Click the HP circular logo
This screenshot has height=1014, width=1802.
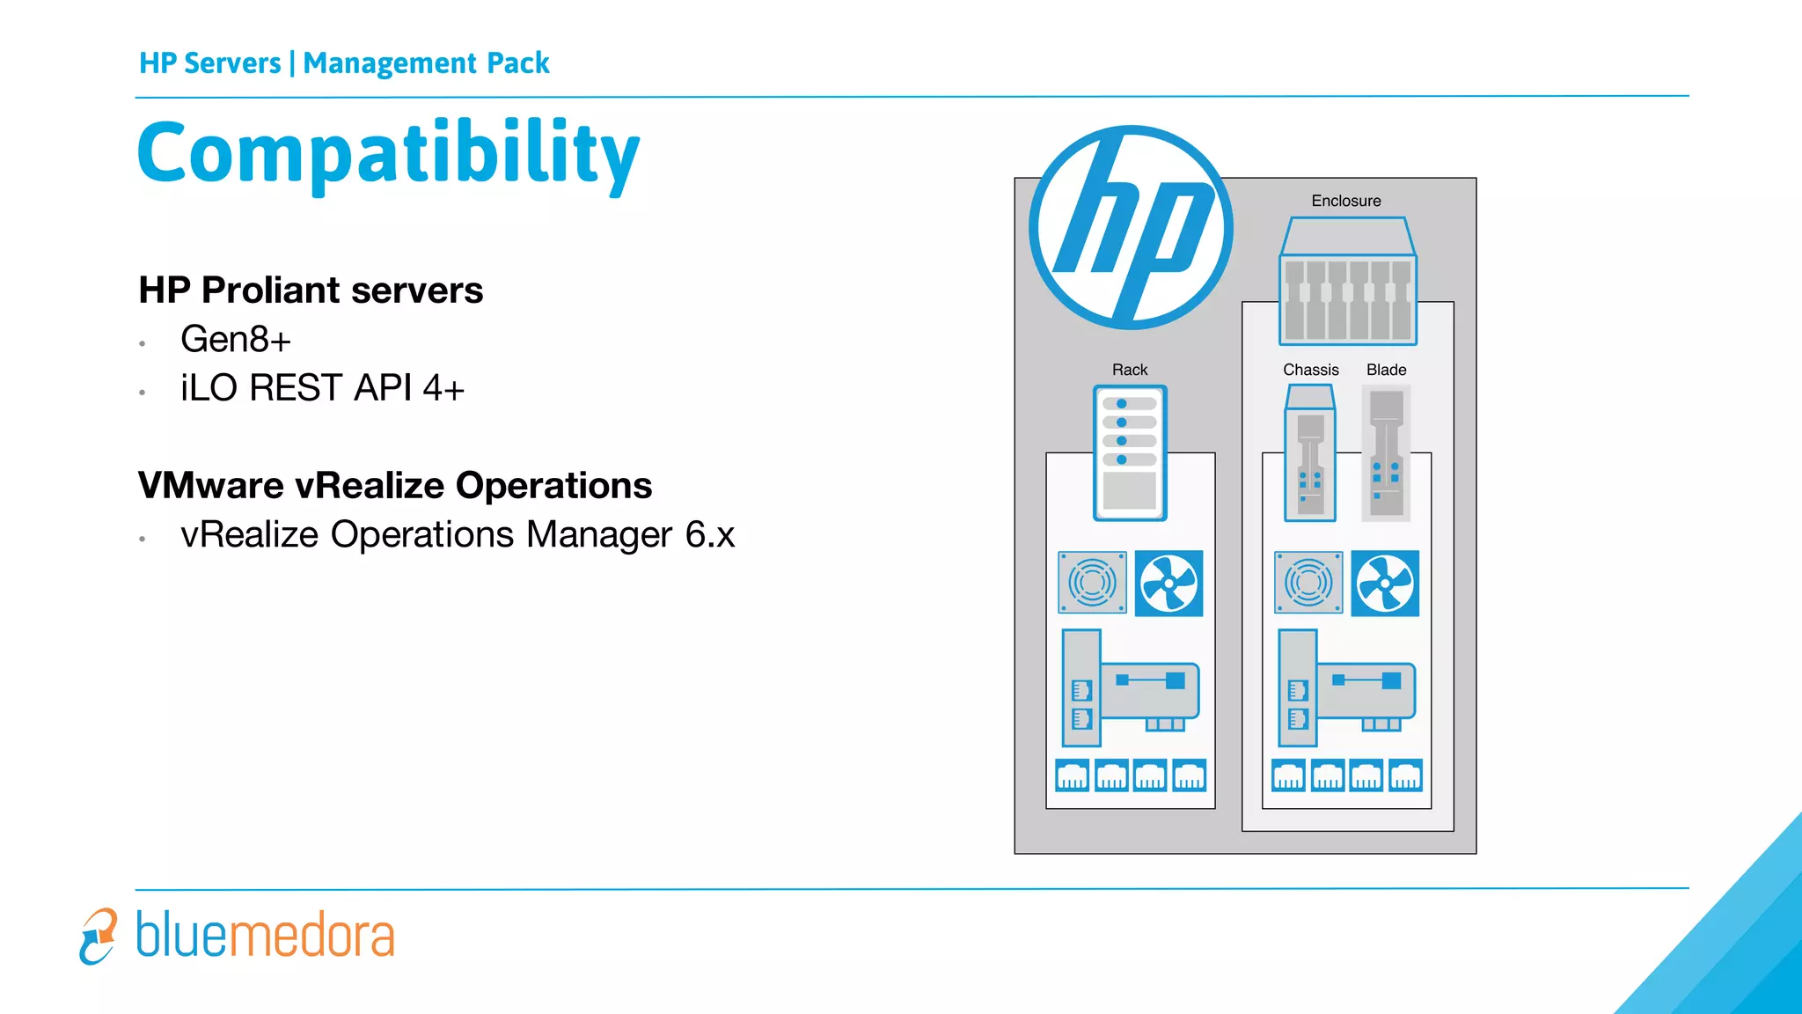pyautogui.click(x=1131, y=228)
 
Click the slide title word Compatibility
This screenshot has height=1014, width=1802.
pyautogui.click(x=388, y=154)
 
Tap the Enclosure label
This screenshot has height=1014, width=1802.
pyautogui.click(x=1345, y=201)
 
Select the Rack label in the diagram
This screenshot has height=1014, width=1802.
pyautogui.click(x=1130, y=370)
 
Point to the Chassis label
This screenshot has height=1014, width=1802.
pyautogui.click(x=1310, y=370)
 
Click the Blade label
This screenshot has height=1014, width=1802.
pyautogui.click(x=1386, y=370)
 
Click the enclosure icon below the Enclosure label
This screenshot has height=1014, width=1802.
pyautogui.click(x=1347, y=282)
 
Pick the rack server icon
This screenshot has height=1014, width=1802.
pyautogui.click(x=1130, y=453)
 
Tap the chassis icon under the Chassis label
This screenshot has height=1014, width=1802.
pyautogui.click(x=1310, y=454)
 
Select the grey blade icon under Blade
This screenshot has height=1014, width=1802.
pyautogui.click(x=1386, y=454)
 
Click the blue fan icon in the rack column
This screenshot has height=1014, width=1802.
pyautogui.click(x=1168, y=583)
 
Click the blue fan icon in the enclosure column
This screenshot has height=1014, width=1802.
pyautogui.click(x=1385, y=583)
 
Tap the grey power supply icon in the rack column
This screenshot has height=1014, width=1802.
pyautogui.click(x=1092, y=583)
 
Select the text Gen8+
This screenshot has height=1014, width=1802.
pyautogui.click(x=235, y=340)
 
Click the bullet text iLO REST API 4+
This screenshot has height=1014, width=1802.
pyautogui.click(x=322, y=388)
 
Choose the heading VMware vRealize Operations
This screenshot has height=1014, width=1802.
pyautogui.click(x=395, y=486)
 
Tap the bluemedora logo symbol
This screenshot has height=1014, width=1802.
pyautogui.click(x=98, y=936)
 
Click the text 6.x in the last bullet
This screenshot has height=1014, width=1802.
pyautogui.click(x=710, y=535)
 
